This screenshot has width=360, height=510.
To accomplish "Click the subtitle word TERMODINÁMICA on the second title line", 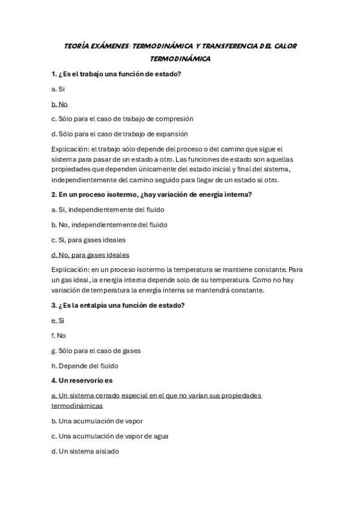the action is pyautogui.click(x=180, y=59).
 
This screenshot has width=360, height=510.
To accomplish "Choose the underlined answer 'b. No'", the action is pyautogui.click(x=59, y=103).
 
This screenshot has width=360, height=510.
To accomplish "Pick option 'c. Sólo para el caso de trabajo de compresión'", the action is pyautogui.click(x=122, y=118).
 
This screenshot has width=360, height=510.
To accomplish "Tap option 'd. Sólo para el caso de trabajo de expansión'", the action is pyautogui.click(x=120, y=134).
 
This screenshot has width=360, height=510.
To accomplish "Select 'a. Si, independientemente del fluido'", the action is pyautogui.click(x=108, y=209).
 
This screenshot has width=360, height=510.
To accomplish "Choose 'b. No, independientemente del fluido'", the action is pyautogui.click(x=109, y=224).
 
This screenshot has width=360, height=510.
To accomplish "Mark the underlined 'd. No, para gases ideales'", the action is pyautogui.click(x=90, y=254).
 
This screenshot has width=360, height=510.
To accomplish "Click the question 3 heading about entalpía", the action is pyautogui.click(x=118, y=305).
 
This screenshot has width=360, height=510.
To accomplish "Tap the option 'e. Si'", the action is pyautogui.click(x=58, y=320).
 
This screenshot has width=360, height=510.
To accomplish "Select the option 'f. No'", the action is pyautogui.click(x=58, y=335).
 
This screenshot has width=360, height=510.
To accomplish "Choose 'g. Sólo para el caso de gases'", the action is pyautogui.click(x=96, y=350).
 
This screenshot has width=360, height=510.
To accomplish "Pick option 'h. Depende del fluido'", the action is pyautogui.click(x=85, y=365).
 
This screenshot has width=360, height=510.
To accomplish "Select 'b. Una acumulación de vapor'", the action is pyautogui.click(x=97, y=421).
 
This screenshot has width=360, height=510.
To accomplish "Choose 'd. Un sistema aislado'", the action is pyautogui.click(x=85, y=451).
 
